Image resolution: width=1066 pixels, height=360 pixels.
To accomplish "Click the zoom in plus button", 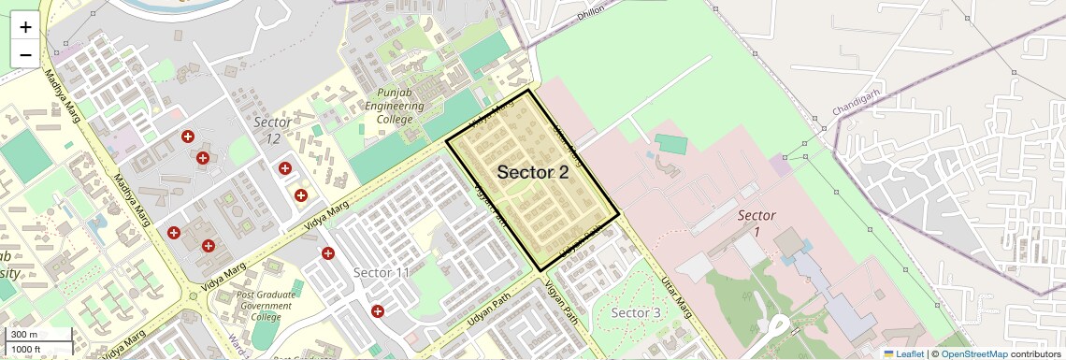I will pos(25,26).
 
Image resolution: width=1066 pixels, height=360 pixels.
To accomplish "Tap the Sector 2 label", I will pos(532,172).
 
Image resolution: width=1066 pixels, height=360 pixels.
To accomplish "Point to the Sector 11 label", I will pos(382,272).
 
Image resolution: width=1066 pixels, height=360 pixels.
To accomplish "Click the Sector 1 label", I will pos(756,223).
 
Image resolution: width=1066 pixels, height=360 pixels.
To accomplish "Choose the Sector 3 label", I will pos(636,312).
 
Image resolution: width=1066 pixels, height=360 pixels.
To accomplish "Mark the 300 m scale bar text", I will pos(25,335).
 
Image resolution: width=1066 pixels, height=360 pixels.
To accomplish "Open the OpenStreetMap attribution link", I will pos(973,353).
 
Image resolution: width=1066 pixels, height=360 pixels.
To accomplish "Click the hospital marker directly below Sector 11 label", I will pos(378,310).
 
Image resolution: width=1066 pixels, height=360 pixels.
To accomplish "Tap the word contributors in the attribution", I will pos(1036,353).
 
